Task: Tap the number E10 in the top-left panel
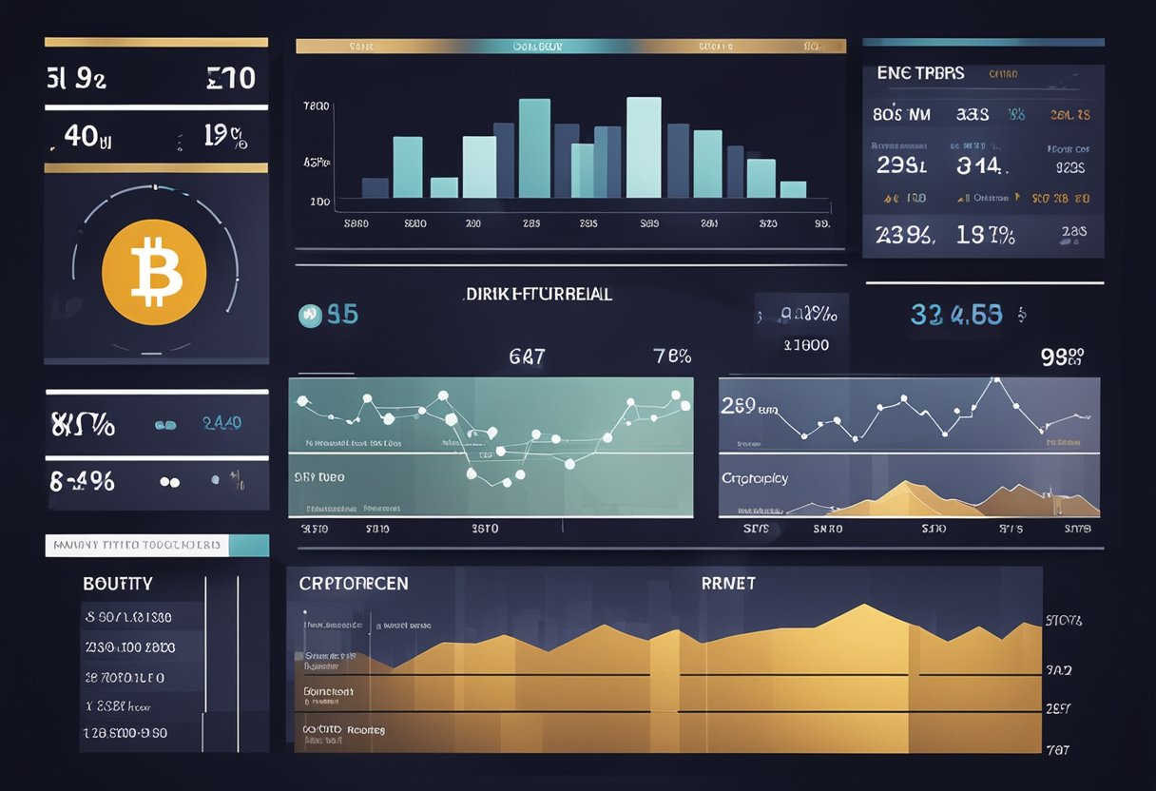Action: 231,78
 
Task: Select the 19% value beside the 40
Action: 225,137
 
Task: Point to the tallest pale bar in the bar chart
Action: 644,147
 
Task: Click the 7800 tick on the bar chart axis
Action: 317,107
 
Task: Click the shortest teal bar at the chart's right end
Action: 793,189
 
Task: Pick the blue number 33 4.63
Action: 956,314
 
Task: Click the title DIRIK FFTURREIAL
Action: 539,295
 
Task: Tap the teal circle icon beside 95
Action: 309,316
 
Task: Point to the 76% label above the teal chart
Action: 672,357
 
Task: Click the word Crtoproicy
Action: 755,478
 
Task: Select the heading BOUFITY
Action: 118,584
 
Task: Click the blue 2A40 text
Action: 222,423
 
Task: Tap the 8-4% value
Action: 83,481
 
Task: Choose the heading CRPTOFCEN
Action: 354,583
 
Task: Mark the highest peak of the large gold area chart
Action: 862,606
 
